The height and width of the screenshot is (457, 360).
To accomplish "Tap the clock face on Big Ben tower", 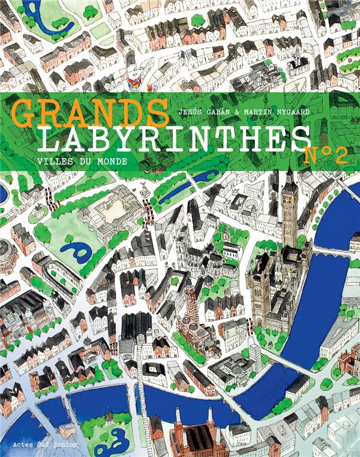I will [290, 197].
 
